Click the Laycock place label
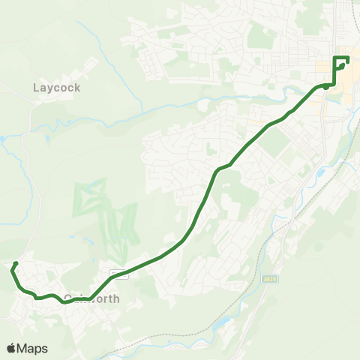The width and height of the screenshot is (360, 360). coord(57,87)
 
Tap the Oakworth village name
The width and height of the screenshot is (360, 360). coord(92,298)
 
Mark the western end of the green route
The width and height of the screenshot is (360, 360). coord(14,263)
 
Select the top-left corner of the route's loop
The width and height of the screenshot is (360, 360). coord(334,58)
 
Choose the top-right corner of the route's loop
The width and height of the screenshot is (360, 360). coord(349,58)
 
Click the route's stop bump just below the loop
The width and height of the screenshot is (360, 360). coord(326,87)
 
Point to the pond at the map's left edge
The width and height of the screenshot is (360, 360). coord(3,139)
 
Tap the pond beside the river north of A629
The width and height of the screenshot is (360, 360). coord(321,174)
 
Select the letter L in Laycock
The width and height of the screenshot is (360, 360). coord(36,87)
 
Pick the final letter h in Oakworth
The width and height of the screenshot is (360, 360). coord(116,298)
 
